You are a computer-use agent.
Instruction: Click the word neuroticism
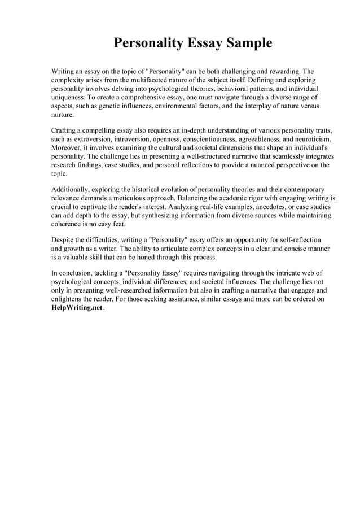(311, 138)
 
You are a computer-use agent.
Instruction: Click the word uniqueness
(70, 97)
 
